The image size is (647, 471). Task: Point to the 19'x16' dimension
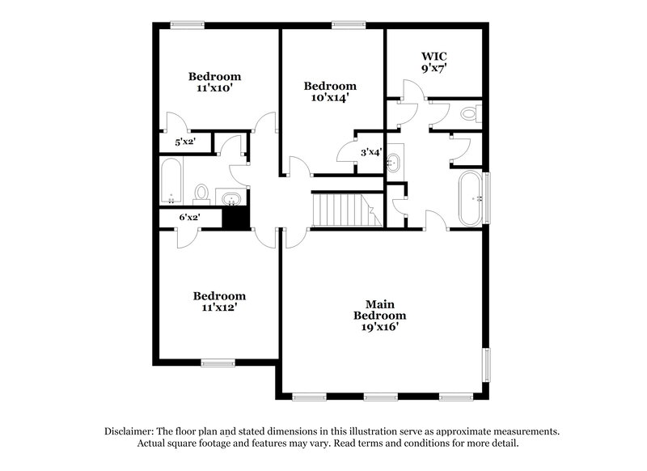pyautogui.click(x=380, y=327)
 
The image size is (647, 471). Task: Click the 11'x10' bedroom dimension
pyautogui.click(x=214, y=88)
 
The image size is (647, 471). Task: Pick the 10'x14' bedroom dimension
pyautogui.click(x=330, y=98)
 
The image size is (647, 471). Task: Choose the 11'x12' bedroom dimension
pyautogui.click(x=219, y=308)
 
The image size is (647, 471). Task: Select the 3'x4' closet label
pyautogui.click(x=371, y=151)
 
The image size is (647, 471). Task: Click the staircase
pyautogui.click(x=340, y=210)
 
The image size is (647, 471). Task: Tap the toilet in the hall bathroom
pyautogui.click(x=202, y=193)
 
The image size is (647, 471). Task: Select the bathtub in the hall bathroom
pyautogui.click(x=171, y=182)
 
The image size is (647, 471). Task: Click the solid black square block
pyautogui.click(x=235, y=217)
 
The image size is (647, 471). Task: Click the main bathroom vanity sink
pyautogui.click(x=395, y=162)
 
